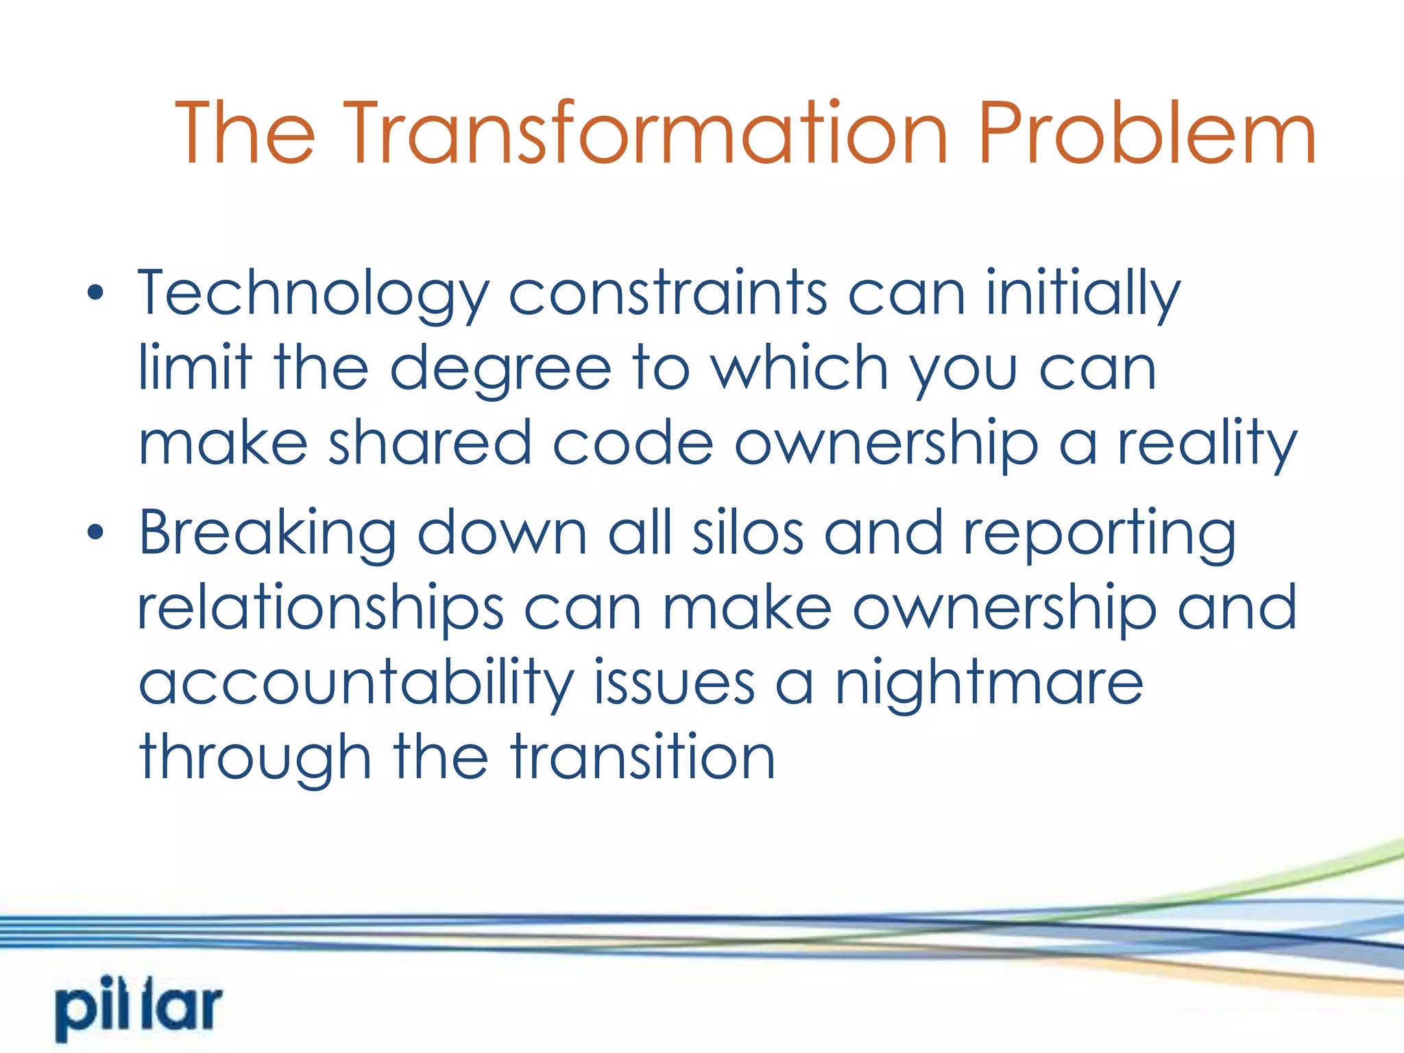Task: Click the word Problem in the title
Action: [1146, 134]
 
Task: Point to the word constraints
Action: [667, 293]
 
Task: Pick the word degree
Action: [500, 371]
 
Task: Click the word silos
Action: [747, 533]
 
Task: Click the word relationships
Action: [321, 609]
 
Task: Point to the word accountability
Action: [356, 684]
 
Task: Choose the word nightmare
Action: [989, 684]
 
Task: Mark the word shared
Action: [430, 444]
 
